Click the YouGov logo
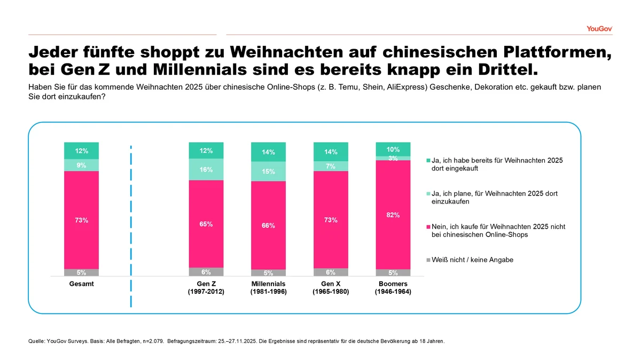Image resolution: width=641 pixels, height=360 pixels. pos(599,28)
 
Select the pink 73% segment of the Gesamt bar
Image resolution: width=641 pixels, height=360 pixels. pos(81,220)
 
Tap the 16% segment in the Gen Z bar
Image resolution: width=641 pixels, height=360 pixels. pos(206,170)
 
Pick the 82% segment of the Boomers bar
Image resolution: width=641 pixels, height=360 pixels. pos(393,215)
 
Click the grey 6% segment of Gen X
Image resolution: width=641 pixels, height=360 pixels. pos(331,272)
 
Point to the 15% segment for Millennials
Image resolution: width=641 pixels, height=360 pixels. pos(269,171)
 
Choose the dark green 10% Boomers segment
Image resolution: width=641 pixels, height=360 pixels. pos(393,149)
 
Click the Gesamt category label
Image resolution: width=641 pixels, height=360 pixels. pos(81,284)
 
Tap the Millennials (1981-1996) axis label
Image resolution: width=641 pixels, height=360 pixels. pos(268,288)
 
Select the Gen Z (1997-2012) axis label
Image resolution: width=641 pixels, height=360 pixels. pos(206,288)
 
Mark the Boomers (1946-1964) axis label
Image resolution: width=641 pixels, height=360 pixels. pos(393,288)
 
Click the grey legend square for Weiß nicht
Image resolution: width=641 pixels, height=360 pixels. pos(428,260)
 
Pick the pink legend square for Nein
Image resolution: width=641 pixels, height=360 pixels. pos(428,227)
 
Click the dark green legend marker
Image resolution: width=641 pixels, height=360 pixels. pos(428,160)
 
